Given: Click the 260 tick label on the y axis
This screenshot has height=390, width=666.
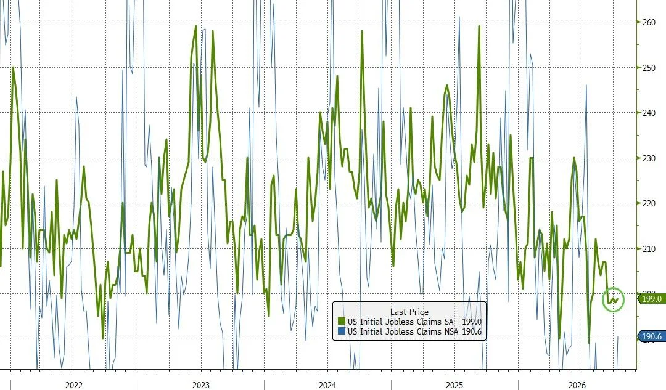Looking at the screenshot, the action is point(649,22).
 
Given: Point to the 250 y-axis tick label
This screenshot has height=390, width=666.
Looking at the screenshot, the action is point(649,68).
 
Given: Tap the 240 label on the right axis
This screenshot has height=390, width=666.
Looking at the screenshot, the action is point(649,113).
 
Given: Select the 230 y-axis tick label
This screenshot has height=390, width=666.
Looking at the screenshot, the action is point(649,158).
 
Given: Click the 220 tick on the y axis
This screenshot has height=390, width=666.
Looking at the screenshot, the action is point(649,203).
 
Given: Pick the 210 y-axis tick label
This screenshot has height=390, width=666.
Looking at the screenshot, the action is point(649,249).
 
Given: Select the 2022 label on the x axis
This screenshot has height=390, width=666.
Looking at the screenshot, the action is point(74,385).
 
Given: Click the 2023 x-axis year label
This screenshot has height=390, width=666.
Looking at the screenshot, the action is point(201,385).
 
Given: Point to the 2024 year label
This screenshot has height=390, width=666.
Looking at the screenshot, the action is point(327,385).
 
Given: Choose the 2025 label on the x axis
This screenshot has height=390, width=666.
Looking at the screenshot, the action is point(454,385).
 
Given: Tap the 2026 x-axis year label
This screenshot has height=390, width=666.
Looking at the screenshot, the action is point(577,385).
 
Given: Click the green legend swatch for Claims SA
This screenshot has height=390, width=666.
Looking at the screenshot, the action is point(342,322).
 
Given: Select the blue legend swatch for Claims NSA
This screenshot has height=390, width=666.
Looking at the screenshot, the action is point(342,331).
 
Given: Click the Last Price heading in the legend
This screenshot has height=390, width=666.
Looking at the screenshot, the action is point(409,312).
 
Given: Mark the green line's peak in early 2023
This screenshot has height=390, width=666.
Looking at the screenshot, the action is point(196,26).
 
